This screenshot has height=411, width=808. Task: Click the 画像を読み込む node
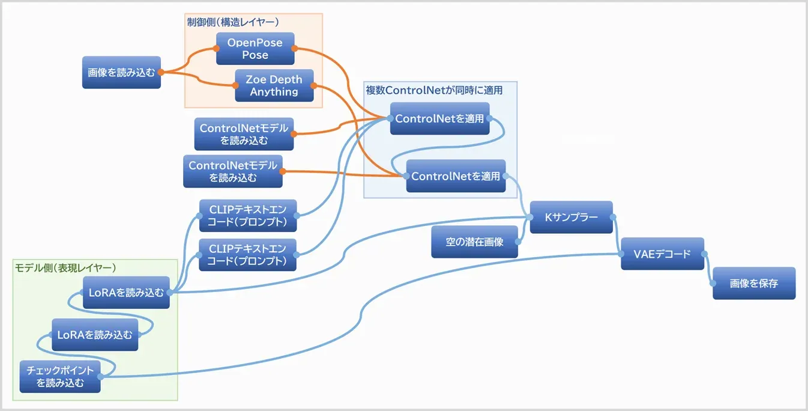coord(121,72)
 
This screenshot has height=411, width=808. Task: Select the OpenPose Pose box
coord(255,49)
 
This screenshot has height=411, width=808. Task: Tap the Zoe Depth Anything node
coord(274,85)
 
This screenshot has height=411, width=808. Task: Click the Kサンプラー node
coord(571,218)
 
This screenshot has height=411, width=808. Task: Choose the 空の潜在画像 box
coord(474,242)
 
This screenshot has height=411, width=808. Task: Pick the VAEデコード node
coord(662,254)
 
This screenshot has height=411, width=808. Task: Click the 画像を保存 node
coord(753,283)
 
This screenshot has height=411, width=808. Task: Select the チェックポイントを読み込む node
coord(60,377)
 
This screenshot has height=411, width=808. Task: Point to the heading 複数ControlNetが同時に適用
coord(434,90)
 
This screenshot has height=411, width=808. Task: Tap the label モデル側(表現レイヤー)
coord(65,267)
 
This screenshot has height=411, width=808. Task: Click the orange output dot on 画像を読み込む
coord(161,72)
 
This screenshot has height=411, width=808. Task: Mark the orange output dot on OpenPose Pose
coord(295,49)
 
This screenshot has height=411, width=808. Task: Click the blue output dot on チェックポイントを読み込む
coord(100,377)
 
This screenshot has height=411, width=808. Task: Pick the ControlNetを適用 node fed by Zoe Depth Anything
coord(456,176)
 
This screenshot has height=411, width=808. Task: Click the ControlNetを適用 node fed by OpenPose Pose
coord(439,118)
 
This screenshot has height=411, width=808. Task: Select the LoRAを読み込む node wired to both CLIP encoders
coord(125,293)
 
